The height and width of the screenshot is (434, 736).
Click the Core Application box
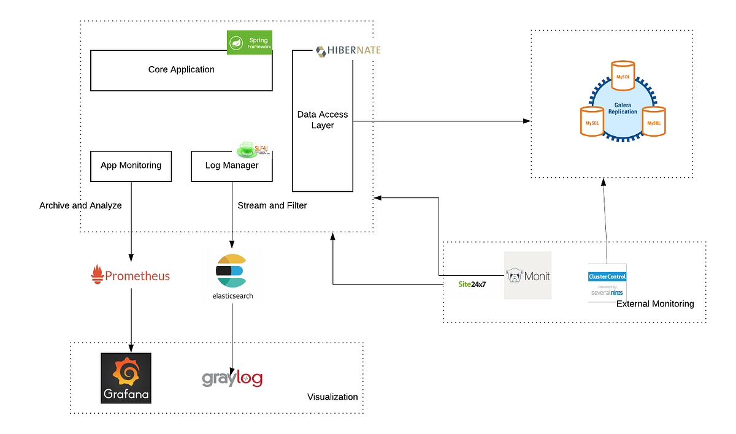[181, 70]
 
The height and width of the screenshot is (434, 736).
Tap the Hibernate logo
[348, 51]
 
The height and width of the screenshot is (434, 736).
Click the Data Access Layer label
[322, 120]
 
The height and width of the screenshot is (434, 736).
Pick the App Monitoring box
[131, 166]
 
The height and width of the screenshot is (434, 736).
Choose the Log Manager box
[232, 166]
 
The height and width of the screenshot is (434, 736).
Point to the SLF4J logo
[254, 150]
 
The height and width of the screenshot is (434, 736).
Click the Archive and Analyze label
[80, 205]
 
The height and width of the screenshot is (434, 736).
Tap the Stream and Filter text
[272, 205]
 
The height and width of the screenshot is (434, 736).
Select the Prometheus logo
[130, 276]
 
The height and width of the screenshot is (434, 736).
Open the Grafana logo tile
[126, 378]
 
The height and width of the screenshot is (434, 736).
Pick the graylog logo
[232, 378]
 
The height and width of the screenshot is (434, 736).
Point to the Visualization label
[332, 397]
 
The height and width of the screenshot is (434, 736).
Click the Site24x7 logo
[472, 284]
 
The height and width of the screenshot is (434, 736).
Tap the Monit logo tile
[527, 275]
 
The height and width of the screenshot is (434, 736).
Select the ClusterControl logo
[607, 283]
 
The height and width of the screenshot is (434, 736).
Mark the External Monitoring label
[655, 303]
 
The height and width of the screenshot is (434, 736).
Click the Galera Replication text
[623, 108]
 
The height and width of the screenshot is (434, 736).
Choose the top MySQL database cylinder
[623, 76]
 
